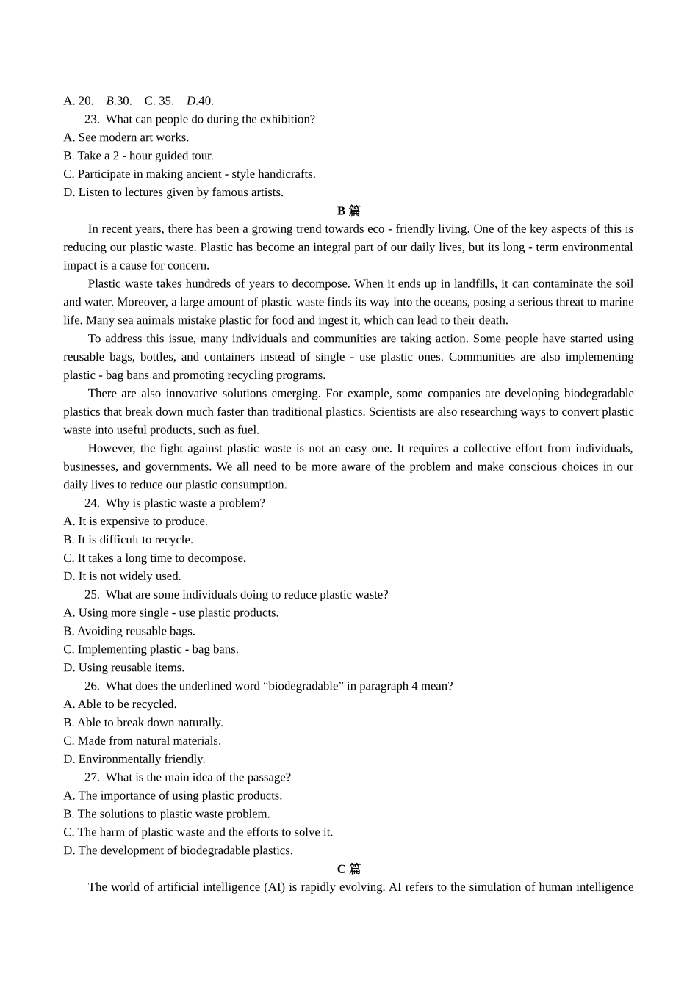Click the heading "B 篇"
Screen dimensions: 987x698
(x=348, y=211)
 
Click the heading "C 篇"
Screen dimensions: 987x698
(x=348, y=869)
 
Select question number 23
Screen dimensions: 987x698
(x=92, y=119)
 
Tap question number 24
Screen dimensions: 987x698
(x=92, y=503)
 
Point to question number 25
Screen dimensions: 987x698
(x=92, y=594)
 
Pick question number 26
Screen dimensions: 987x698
(x=92, y=686)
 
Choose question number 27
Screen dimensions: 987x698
(x=92, y=777)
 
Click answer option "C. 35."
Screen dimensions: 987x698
(x=159, y=101)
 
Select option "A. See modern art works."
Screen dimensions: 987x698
(x=126, y=137)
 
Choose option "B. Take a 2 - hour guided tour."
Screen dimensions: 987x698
(x=138, y=156)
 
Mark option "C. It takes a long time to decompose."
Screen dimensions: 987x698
(x=154, y=558)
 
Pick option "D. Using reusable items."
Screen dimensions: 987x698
(x=123, y=668)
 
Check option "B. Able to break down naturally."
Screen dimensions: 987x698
(x=143, y=723)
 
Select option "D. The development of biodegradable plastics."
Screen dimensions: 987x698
(x=178, y=850)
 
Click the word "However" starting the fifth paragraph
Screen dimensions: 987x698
(x=111, y=448)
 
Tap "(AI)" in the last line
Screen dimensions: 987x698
(x=274, y=887)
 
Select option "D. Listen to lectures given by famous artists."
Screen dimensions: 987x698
(x=173, y=192)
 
